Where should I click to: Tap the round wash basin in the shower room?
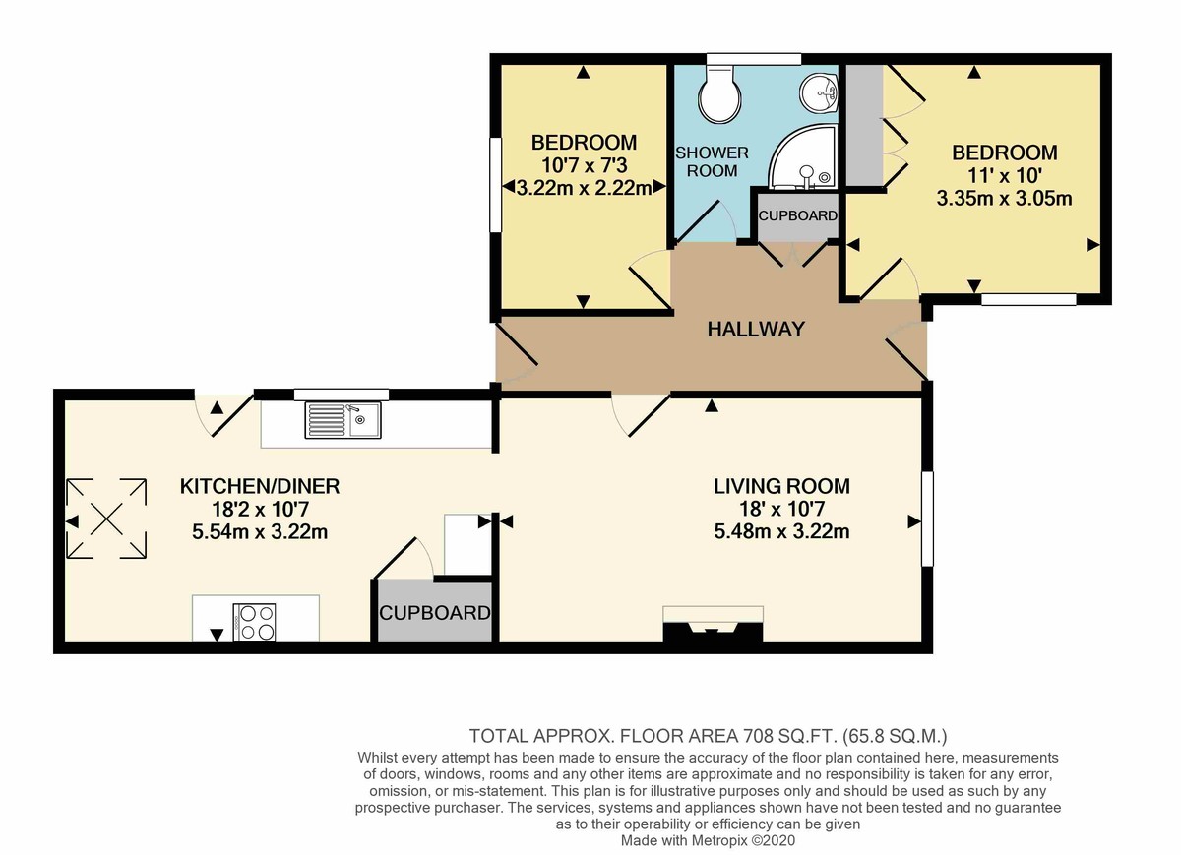[819, 93]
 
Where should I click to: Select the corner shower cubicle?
[803, 156]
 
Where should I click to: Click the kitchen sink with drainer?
[342, 420]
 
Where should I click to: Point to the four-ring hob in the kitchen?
[254, 622]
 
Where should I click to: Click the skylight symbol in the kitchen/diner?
[106, 519]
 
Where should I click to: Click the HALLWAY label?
[756, 329]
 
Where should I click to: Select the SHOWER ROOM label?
[712, 161]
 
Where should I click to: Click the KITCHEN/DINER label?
[260, 486]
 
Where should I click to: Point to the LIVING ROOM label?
[781, 486]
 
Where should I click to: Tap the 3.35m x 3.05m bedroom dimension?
[1005, 198]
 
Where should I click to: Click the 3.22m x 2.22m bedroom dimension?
[585, 188]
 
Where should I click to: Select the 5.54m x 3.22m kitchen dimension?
[260, 531]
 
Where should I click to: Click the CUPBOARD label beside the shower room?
[798, 215]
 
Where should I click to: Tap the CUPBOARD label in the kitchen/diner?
[435, 613]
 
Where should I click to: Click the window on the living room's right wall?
[927, 519]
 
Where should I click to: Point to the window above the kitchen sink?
[342, 395]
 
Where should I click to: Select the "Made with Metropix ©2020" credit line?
[708, 840]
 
